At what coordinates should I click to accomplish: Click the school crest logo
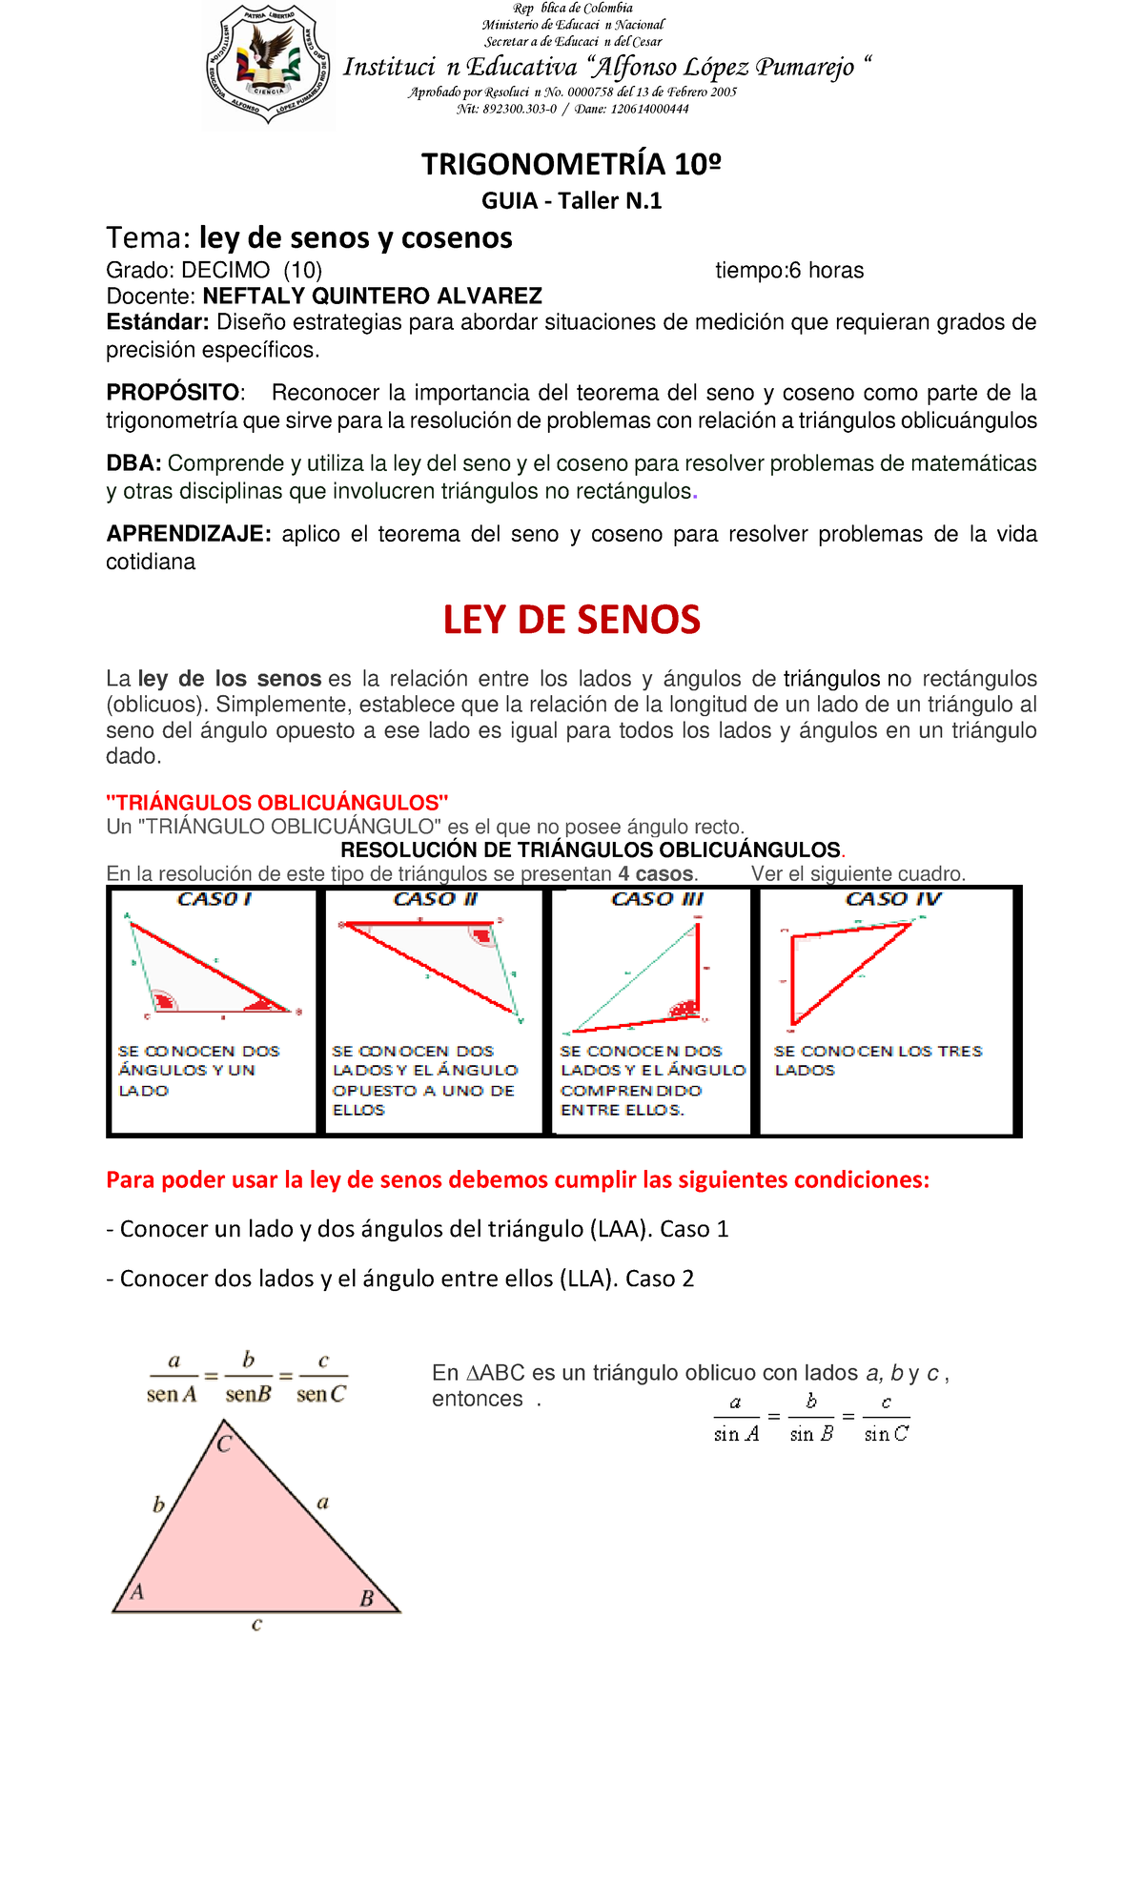click(269, 65)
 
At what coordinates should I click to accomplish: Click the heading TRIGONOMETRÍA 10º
click(571, 164)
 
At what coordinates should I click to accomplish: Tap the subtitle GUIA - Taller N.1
click(571, 200)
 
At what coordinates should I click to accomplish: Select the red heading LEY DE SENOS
click(571, 620)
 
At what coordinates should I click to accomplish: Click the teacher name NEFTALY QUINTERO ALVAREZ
click(373, 296)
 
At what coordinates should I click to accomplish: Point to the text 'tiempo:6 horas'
click(789, 271)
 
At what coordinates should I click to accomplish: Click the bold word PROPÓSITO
click(173, 393)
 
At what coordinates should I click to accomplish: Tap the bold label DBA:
click(134, 463)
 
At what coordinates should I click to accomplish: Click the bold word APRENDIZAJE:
click(189, 534)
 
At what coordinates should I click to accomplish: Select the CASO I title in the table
click(214, 899)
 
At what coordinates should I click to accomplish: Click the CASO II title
click(435, 899)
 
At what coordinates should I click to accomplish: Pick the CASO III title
click(657, 899)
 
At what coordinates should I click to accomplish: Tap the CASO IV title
click(892, 899)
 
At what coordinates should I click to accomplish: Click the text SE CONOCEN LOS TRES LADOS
click(877, 1060)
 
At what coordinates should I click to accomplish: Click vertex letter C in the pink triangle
click(224, 1444)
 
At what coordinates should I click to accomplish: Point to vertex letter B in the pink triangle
click(366, 1599)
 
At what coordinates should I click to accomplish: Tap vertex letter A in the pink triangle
click(137, 1591)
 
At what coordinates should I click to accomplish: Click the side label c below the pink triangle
click(256, 1625)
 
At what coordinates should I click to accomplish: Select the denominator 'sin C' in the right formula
click(886, 1434)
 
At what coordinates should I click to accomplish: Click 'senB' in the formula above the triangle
click(248, 1394)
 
